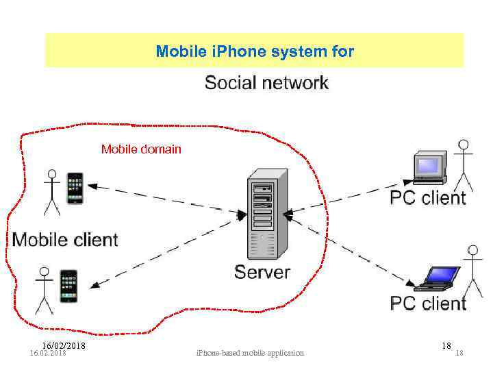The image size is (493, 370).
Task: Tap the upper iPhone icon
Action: [x=75, y=188]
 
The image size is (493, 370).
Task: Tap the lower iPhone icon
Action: [x=68, y=286]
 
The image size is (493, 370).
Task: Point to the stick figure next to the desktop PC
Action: [x=464, y=164]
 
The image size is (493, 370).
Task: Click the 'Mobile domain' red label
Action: [x=141, y=149]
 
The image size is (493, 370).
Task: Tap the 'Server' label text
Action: [x=262, y=272]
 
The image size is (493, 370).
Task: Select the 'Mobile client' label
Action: [x=65, y=240]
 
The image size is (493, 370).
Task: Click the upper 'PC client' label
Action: [x=428, y=198]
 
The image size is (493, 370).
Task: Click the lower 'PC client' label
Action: [x=428, y=303]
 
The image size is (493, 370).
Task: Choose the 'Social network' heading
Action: [x=266, y=83]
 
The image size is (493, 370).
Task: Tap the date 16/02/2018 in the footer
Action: [x=63, y=345]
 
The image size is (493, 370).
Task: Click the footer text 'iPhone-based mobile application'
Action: [x=250, y=353]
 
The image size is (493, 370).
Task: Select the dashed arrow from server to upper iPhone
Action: [x=164, y=199]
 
